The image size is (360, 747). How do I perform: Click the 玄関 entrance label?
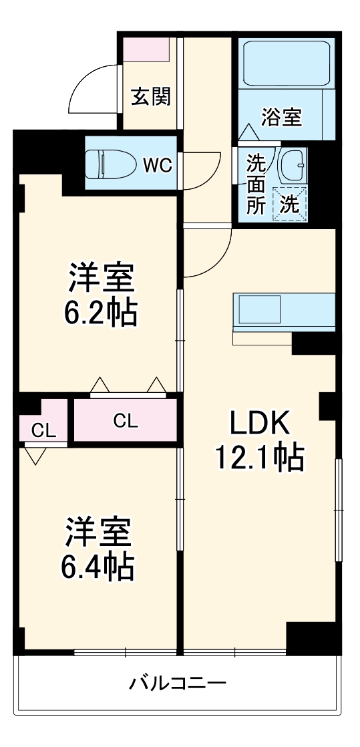click(150, 97)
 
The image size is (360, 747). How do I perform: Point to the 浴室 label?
click(281, 118)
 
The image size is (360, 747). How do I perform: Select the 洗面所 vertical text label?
click(256, 184)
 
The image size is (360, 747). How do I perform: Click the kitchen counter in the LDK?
click(284, 310)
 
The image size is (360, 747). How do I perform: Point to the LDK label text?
click(259, 424)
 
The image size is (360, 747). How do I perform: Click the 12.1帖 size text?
click(259, 458)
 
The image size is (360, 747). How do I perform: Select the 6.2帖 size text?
click(102, 313)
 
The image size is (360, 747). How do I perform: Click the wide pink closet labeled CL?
click(126, 420)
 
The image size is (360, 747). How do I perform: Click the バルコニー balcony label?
click(178, 684)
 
